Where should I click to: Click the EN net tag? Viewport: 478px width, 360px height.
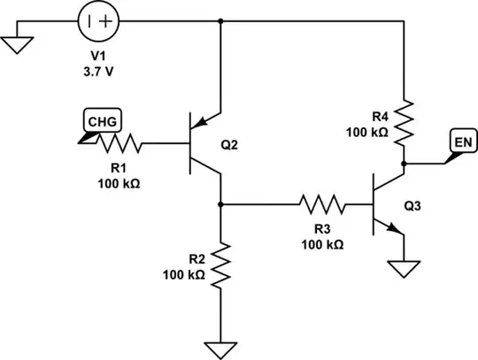click(x=461, y=142)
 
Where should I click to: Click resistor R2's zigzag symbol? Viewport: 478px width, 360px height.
click(x=220, y=264)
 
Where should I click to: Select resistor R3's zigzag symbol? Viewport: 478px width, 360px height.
click(x=322, y=204)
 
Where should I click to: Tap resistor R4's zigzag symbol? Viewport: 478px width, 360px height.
click(x=405, y=123)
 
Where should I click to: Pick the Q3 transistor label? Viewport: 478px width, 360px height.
click(x=412, y=206)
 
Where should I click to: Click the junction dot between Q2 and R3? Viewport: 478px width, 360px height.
click(x=220, y=204)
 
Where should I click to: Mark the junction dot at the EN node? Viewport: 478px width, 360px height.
click(x=405, y=164)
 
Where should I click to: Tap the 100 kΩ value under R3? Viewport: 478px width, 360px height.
click(x=322, y=243)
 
